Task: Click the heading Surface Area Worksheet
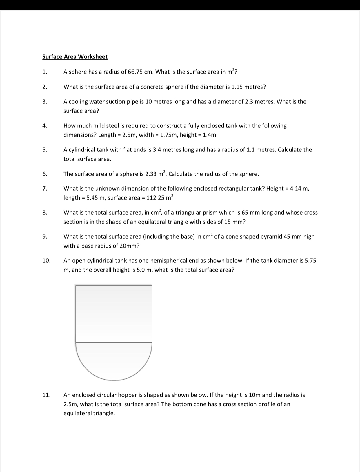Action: [75, 57]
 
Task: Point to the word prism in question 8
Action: [210, 213]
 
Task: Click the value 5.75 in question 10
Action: [311, 261]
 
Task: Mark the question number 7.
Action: [44, 189]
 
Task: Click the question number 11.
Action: [46, 395]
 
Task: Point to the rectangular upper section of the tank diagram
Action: [114, 314]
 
